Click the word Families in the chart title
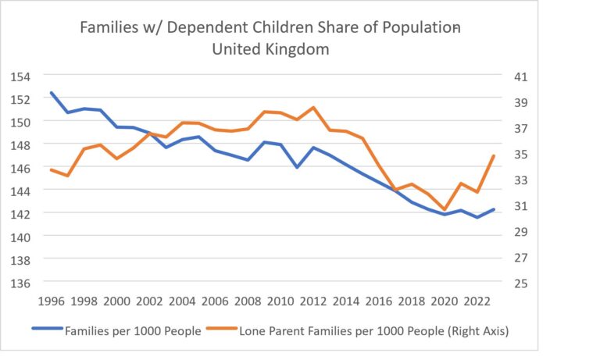click(x=109, y=27)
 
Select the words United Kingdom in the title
click(x=270, y=49)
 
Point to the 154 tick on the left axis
click(x=20, y=77)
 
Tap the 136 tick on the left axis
click(x=20, y=283)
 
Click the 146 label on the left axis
click(x=20, y=168)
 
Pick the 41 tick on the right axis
click(x=520, y=77)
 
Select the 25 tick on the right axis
click(x=520, y=283)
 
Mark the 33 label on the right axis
click(x=520, y=180)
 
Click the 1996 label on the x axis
click(x=52, y=301)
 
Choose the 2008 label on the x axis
click(x=248, y=301)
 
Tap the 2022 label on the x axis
click(x=477, y=301)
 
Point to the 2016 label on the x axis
click(x=379, y=301)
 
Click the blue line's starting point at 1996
click(x=52, y=93)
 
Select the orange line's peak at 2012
click(x=313, y=108)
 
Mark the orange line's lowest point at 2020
click(x=445, y=209)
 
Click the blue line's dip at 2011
click(x=298, y=167)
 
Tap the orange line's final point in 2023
click(x=494, y=156)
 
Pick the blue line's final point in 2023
click(x=494, y=209)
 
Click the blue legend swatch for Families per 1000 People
click(x=48, y=328)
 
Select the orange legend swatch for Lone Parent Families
click(x=222, y=328)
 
